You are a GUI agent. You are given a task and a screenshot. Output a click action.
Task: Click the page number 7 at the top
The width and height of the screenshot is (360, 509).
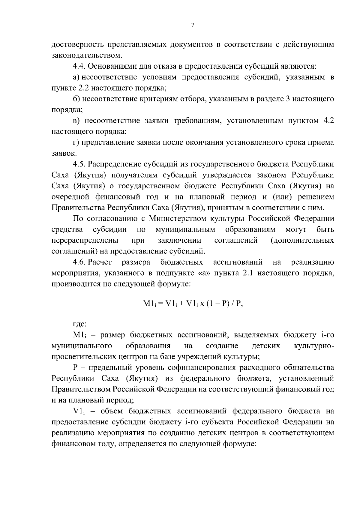(x=193, y=25)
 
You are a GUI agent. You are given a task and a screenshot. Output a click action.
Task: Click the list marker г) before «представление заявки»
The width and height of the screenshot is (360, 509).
(x=76, y=142)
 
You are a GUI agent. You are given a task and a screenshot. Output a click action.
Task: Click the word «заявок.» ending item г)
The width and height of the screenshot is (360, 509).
(x=60, y=154)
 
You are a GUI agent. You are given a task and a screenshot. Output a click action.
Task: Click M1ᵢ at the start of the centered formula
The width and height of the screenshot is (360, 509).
(x=149, y=304)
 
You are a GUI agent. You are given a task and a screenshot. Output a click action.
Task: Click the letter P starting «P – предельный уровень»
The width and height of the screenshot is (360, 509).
(x=75, y=367)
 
